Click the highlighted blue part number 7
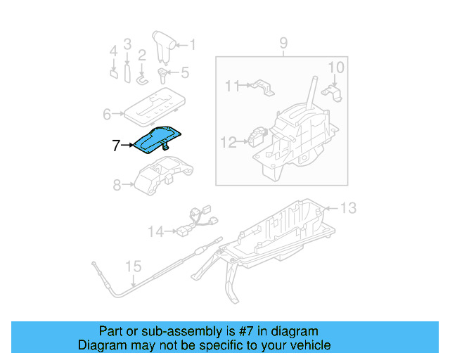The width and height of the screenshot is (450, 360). [x=156, y=141]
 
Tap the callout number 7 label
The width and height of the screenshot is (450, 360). [x=115, y=146]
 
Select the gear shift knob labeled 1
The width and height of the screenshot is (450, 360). [x=163, y=47]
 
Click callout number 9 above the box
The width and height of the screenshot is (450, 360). [x=283, y=43]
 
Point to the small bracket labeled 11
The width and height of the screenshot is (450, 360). [x=262, y=87]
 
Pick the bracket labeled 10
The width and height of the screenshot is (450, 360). [x=333, y=93]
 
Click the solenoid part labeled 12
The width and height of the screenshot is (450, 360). [x=257, y=137]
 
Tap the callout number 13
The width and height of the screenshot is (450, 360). [x=349, y=208]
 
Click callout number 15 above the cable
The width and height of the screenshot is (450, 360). [x=134, y=266]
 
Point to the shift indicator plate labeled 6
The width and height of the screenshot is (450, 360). [x=155, y=108]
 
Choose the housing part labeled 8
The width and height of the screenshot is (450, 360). [x=163, y=175]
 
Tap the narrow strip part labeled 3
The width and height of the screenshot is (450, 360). [x=127, y=74]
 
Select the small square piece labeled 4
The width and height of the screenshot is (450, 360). [x=114, y=74]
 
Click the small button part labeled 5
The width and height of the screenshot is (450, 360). [x=162, y=75]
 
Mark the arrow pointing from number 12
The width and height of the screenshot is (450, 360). [x=242, y=141]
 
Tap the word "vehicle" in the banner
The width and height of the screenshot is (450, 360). [x=314, y=345]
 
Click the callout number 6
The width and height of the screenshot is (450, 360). [x=107, y=115]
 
